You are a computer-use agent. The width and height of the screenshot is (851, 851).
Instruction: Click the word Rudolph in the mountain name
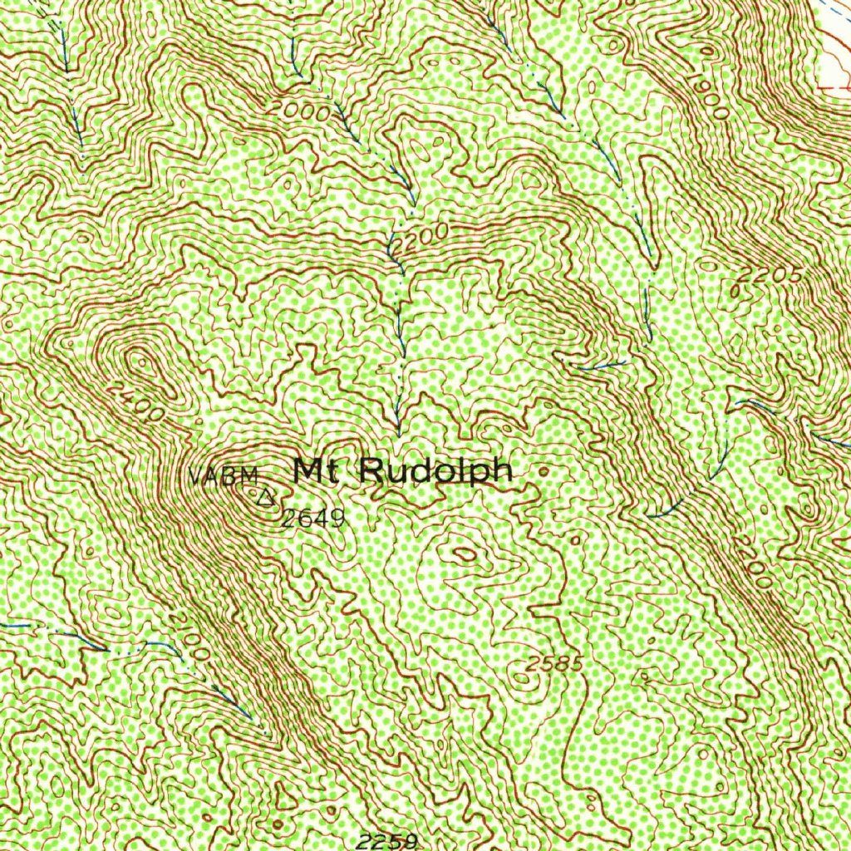point(435,471)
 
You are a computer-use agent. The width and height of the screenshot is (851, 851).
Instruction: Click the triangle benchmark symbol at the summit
point(265,499)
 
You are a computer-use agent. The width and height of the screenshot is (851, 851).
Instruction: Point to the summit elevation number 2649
point(312,520)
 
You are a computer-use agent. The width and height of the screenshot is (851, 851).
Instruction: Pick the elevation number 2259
point(386,841)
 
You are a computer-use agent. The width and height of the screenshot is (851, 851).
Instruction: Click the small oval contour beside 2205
point(735,290)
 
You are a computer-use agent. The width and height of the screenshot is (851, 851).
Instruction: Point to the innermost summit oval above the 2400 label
point(138,362)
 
